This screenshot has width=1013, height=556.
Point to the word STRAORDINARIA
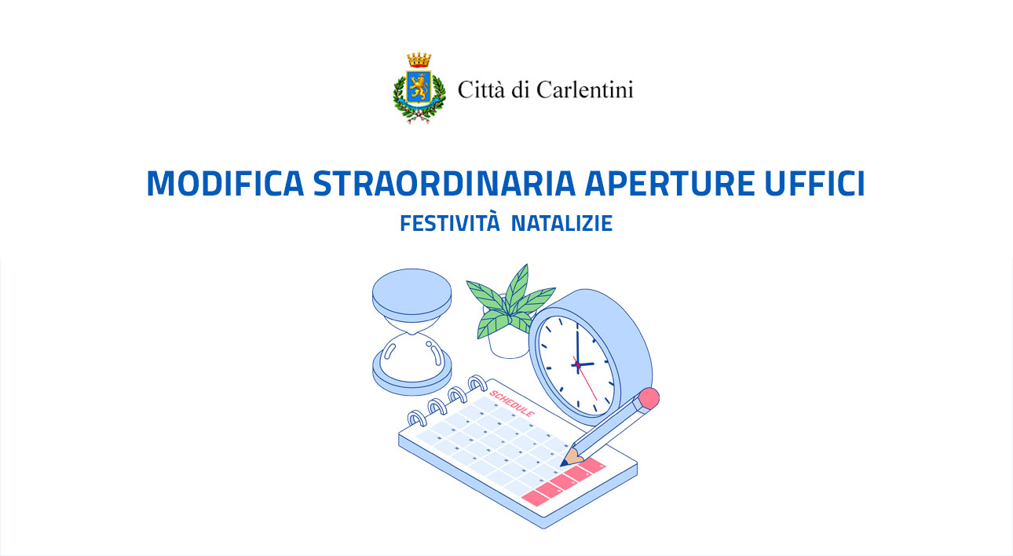[435, 184]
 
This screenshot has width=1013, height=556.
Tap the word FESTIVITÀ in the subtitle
[450, 224]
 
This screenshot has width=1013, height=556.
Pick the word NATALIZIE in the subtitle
[561, 224]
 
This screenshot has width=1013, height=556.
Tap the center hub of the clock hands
[577, 364]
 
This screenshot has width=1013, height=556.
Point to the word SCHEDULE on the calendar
[512, 401]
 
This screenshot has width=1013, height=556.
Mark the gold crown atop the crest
[419, 60]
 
